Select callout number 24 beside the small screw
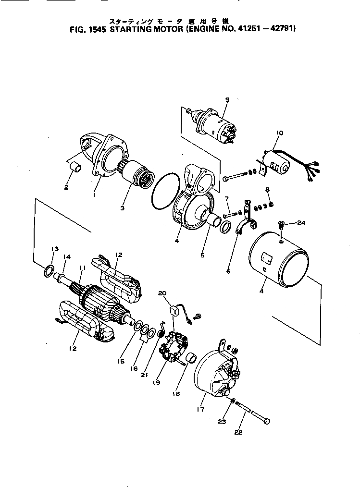click(x=301, y=222)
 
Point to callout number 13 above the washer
click(x=55, y=249)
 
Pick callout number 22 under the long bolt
click(x=238, y=432)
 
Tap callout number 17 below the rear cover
click(x=201, y=409)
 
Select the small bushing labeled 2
click(x=76, y=169)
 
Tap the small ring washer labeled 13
click(x=49, y=272)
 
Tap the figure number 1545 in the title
click(x=98, y=28)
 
